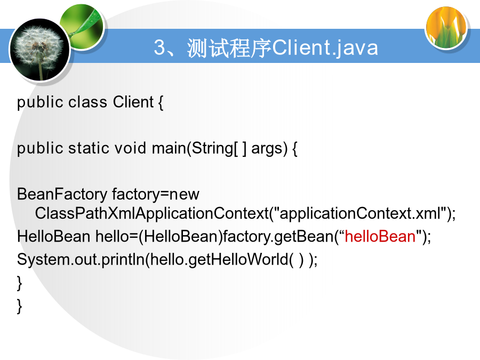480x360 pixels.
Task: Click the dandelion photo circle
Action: click(40, 50)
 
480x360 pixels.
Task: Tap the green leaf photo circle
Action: click(83, 26)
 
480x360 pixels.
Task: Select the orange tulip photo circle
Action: click(446, 28)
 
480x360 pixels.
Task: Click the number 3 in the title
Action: click(159, 47)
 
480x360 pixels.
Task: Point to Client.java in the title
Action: click(325, 48)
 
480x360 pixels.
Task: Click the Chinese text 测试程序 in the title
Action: click(229, 48)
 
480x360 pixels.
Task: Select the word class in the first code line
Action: click(87, 102)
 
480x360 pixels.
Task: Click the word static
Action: click(89, 148)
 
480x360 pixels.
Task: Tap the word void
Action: click(131, 148)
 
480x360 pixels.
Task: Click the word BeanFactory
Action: click(62, 194)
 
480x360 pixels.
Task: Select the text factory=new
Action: click(156, 194)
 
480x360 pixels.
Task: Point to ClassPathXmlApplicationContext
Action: click(152, 213)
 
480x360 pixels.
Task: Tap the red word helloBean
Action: click(380, 237)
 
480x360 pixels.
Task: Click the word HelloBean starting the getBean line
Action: click(53, 237)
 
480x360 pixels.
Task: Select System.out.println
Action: click(81, 260)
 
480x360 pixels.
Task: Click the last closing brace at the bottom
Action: click(19, 306)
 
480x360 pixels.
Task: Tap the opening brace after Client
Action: click(161, 102)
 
